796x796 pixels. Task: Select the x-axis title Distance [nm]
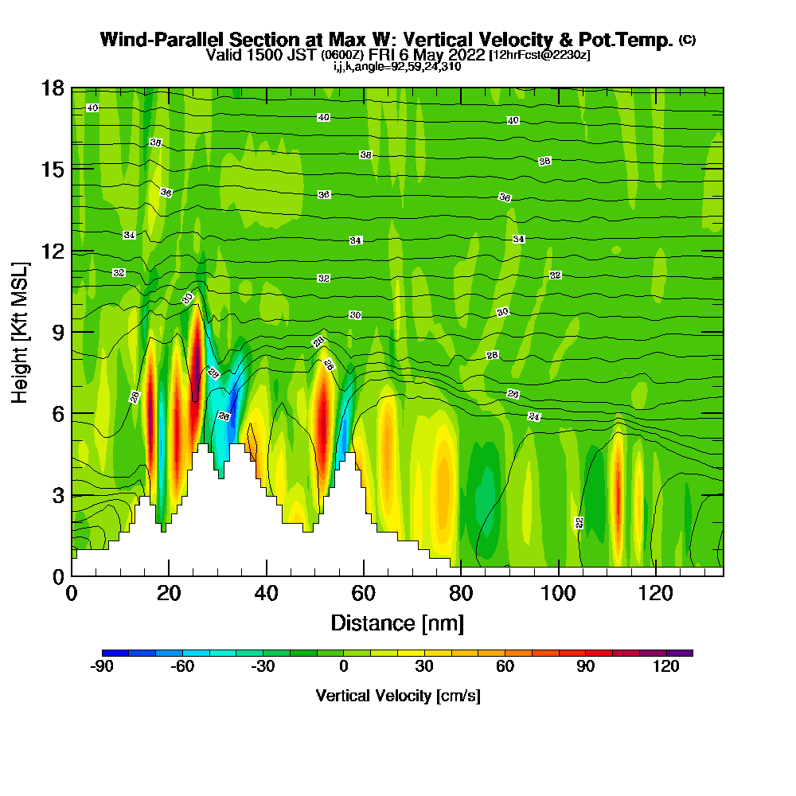(397, 622)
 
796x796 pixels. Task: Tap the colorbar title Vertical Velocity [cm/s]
(397, 696)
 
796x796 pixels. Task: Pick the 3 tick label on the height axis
(57, 495)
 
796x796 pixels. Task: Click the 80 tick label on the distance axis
(461, 593)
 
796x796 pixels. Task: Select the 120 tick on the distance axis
(655, 593)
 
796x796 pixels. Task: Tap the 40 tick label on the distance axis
(267, 593)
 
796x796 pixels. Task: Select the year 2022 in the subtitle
(466, 55)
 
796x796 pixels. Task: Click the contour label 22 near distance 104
(579, 522)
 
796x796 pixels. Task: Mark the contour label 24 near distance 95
(533, 416)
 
